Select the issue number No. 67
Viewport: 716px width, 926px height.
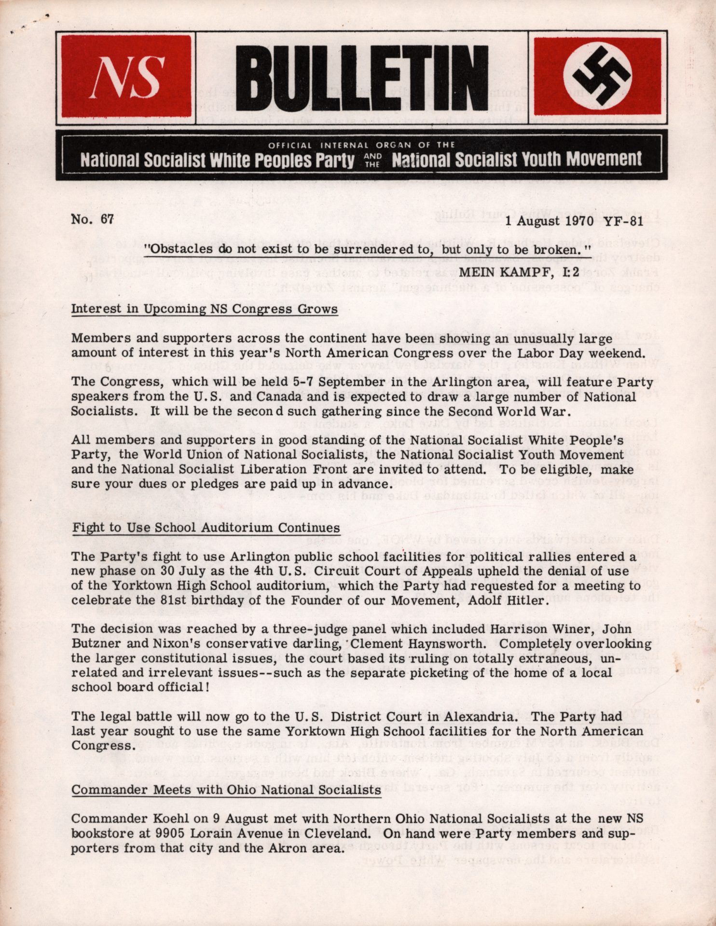pos(92,218)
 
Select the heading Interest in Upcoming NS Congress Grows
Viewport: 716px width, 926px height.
pos(204,309)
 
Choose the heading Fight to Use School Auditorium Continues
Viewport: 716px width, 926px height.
pos(206,528)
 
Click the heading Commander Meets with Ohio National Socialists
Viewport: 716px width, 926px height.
pos(226,790)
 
